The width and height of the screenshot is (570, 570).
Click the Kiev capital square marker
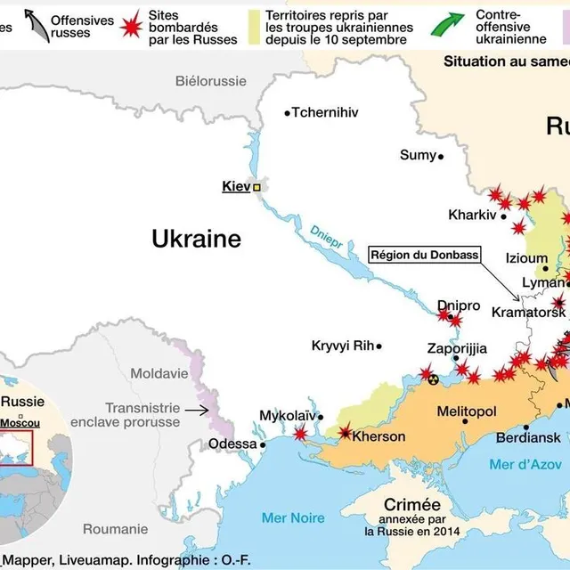point(257,188)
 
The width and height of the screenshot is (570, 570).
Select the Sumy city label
point(418,155)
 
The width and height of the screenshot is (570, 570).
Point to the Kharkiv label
point(472,215)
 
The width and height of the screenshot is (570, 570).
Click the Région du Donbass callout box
point(424,255)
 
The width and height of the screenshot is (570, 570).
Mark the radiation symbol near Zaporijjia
point(434,379)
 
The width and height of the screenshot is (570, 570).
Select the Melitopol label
point(466,411)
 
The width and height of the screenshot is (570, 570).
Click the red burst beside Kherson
point(346,433)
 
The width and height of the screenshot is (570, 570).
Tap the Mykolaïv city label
point(287,416)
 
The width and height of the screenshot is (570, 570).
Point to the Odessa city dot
point(264,444)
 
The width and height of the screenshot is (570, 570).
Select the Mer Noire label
point(293,517)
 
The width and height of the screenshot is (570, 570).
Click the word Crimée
point(411,503)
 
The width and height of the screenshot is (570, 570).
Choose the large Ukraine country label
point(196,239)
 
